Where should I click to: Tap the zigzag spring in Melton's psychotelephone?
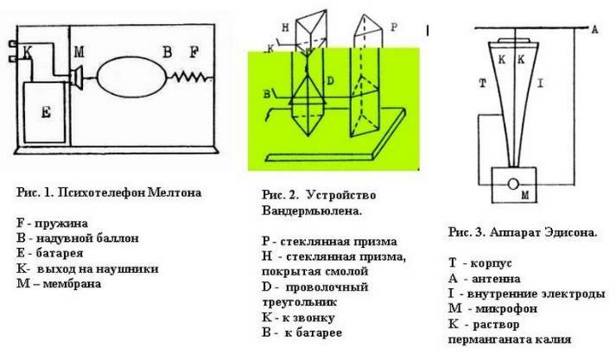(x=192, y=77)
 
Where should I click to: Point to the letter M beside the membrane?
(x=79, y=52)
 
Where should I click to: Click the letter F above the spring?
(x=194, y=52)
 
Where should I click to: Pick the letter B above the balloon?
(x=168, y=52)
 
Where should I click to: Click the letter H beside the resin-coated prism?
(x=286, y=28)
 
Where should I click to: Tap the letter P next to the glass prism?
(x=394, y=27)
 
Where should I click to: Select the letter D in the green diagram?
(x=330, y=81)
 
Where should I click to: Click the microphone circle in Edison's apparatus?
(x=513, y=184)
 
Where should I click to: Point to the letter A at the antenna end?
(x=594, y=29)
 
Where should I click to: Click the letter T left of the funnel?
(x=483, y=83)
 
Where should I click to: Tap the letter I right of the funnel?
(x=541, y=83)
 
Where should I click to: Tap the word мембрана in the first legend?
(x=72, y=283)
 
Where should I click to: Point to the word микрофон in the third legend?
(x=506, y=308)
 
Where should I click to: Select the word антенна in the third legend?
(x=496, y=279)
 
